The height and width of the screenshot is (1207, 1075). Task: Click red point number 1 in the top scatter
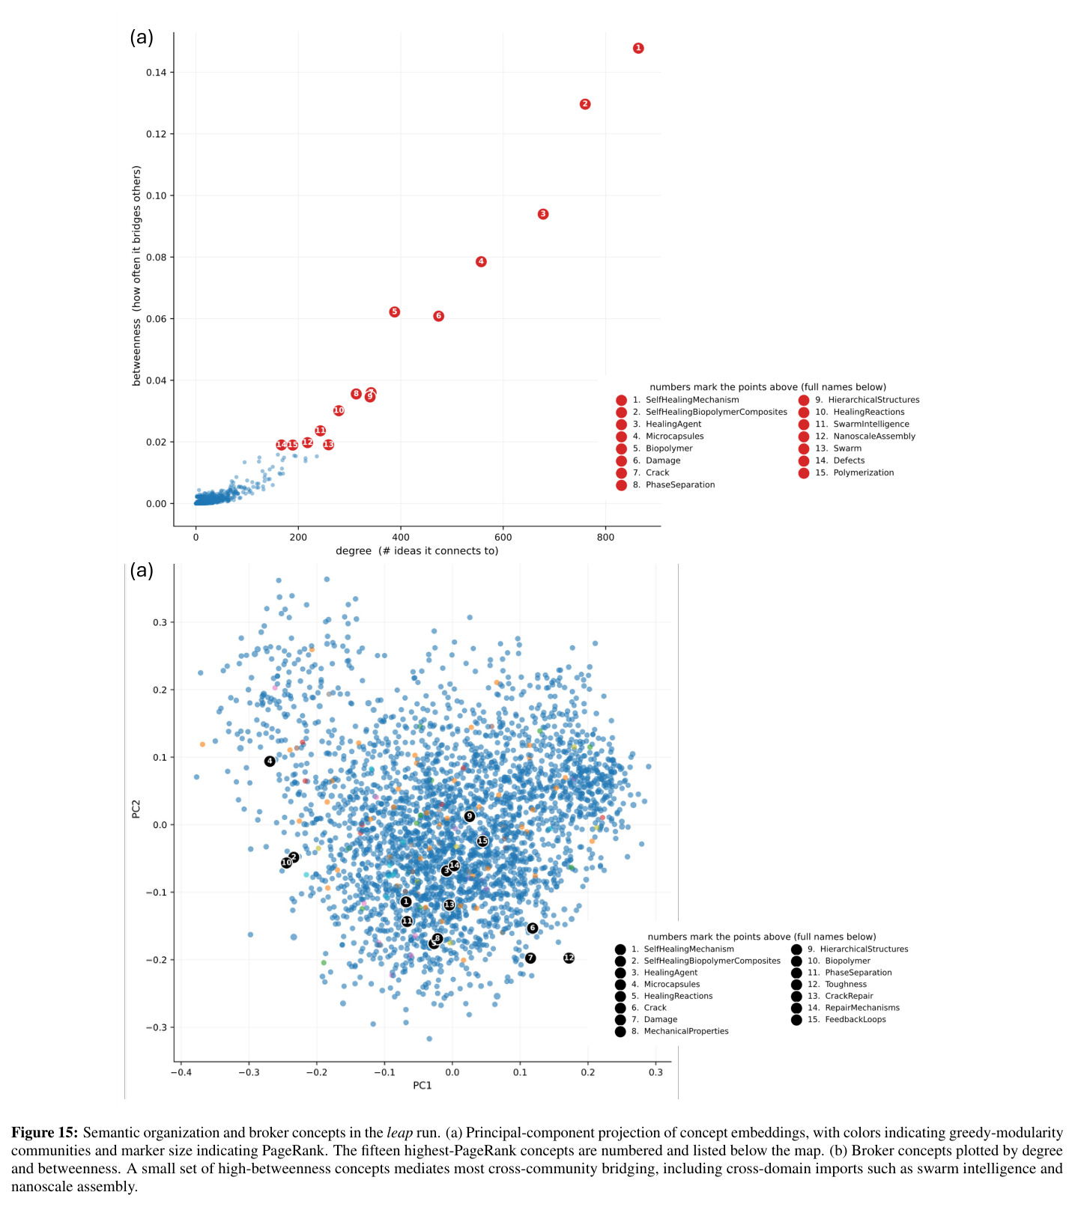(638, 48)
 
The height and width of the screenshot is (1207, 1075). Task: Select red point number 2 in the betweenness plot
(585, 104)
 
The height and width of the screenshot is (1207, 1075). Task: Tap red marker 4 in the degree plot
(481, 261)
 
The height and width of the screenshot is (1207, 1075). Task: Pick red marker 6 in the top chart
(439, 316)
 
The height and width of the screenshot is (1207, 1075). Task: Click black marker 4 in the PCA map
(270, 761)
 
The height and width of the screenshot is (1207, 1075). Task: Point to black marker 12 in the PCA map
(569, 958)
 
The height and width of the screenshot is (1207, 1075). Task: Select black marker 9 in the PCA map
(470, 816)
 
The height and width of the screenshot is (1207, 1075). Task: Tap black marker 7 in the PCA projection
(530, 958)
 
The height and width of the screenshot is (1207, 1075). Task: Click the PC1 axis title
(423, 1085)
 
